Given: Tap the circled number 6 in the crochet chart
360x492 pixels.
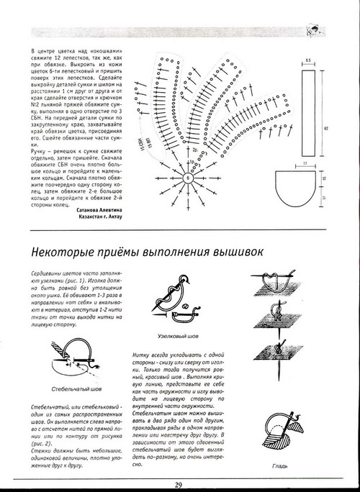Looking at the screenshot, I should [188, 177].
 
